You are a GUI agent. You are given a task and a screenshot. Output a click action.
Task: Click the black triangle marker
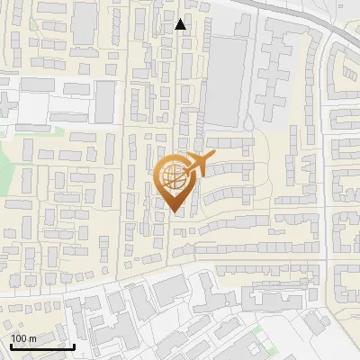(181, 24)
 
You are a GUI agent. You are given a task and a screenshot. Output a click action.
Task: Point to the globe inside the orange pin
(173, 176)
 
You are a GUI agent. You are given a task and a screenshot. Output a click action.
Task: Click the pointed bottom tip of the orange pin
(173, 212)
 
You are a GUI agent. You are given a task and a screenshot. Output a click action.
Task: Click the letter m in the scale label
(32, 337)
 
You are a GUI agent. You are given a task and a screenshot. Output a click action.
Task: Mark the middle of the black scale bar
(42, 346)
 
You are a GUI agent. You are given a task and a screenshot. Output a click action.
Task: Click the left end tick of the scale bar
(11, 345)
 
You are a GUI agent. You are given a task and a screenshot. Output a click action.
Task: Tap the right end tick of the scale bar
(74, 345)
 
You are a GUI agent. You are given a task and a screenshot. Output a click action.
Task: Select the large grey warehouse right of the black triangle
(226, 81)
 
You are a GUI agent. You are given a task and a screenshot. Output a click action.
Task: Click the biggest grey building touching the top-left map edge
(85, 22)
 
